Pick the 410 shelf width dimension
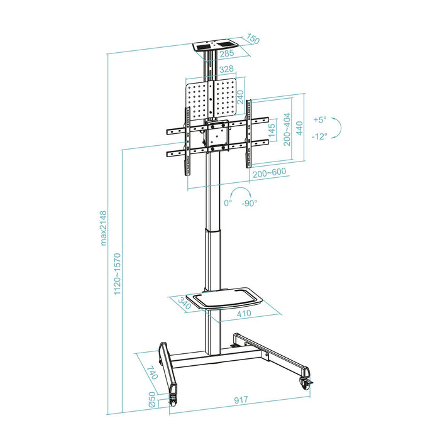point(244,314)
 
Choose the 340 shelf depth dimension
point(184,304)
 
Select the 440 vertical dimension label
point(300,128)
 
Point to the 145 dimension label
point(272,132)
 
